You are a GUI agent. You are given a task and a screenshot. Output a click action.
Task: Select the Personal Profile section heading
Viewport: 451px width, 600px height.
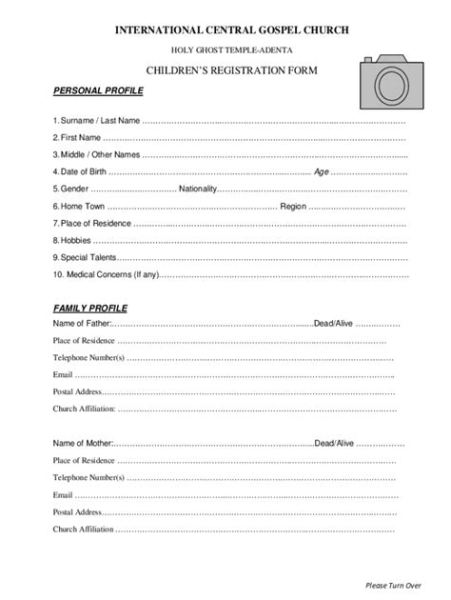(97, 91)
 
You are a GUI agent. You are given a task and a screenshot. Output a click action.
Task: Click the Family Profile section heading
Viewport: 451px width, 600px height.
(90, 310)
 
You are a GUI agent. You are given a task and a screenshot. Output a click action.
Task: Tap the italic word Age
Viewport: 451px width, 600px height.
(348, 172)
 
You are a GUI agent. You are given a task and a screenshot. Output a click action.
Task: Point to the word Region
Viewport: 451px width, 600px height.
(293, 207)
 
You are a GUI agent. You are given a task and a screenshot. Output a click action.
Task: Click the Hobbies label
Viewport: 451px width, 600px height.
(74, 241)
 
